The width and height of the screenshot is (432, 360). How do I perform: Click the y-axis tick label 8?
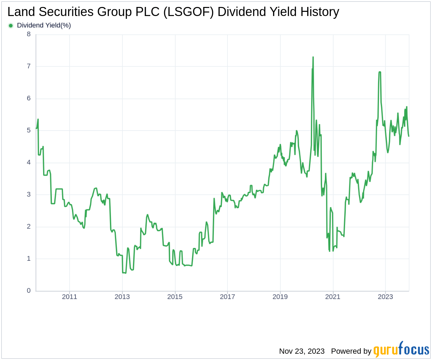[29, 34]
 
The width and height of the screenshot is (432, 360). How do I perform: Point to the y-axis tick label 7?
[29, 66]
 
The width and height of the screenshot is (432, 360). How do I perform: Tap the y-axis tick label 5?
[29, 130]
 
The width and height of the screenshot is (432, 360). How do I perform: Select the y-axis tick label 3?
[29, 194]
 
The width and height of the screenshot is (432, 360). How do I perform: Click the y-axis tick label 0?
[29, 290]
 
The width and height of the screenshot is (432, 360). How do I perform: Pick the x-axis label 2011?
[70, 297]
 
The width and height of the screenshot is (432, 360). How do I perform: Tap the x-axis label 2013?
[122, 297]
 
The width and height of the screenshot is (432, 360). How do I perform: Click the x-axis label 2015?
[175, 297]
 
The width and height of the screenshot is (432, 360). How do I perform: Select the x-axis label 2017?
[227, 297]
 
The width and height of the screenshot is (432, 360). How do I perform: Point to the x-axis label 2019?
[280, 297]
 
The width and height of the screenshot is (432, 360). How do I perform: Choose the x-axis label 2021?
[333, 297]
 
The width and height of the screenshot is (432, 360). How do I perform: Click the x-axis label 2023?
[385, 297]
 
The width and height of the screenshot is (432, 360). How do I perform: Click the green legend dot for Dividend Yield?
[11, 25]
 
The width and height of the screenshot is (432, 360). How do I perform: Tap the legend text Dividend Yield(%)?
[44, 25]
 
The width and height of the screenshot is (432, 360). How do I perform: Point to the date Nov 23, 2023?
[302, 351]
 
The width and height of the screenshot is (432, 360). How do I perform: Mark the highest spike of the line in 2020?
[313, 57]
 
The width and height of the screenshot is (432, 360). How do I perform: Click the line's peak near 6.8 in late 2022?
[379, 72]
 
